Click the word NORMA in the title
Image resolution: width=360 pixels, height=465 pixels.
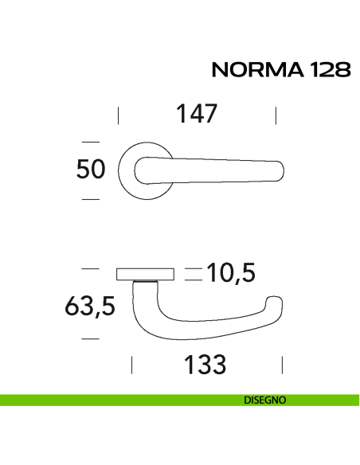[x=253, y=71]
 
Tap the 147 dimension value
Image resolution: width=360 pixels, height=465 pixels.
[x=196, y=114]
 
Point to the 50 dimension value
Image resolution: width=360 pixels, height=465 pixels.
[x=90, y=170]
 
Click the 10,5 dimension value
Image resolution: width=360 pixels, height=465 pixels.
[x=230, y=273]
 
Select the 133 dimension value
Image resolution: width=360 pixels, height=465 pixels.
[x=205, y=365]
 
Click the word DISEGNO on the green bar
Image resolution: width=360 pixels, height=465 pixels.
[x=265, y=401]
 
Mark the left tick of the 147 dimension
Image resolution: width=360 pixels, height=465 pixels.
[x=118, y=115]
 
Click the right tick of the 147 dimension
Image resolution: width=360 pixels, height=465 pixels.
[x=275, y=115]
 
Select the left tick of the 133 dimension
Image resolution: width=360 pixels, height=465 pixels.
[x=131, y=365]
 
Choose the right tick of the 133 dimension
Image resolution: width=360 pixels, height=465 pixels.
[x=283, y=365]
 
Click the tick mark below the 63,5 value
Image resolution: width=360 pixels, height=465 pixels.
[x=90, y=339]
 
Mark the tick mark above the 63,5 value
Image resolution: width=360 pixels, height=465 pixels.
[x=90, y=269]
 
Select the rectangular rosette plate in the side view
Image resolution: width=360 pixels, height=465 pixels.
[x=145, y=275]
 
